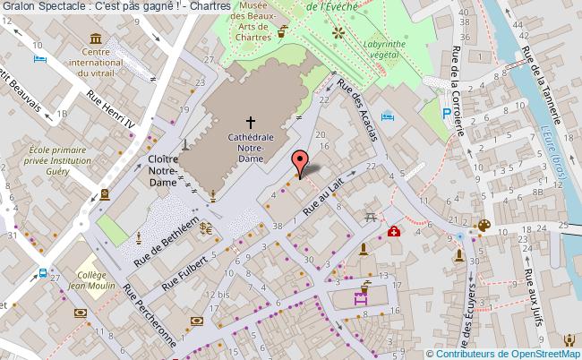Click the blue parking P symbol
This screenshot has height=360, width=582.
tap(447, 113)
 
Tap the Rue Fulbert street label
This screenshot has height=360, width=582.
tap(186, 271)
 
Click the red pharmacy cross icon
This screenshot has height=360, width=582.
tap(393, 231)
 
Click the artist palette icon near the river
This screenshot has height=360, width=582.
tap(484, 226)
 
